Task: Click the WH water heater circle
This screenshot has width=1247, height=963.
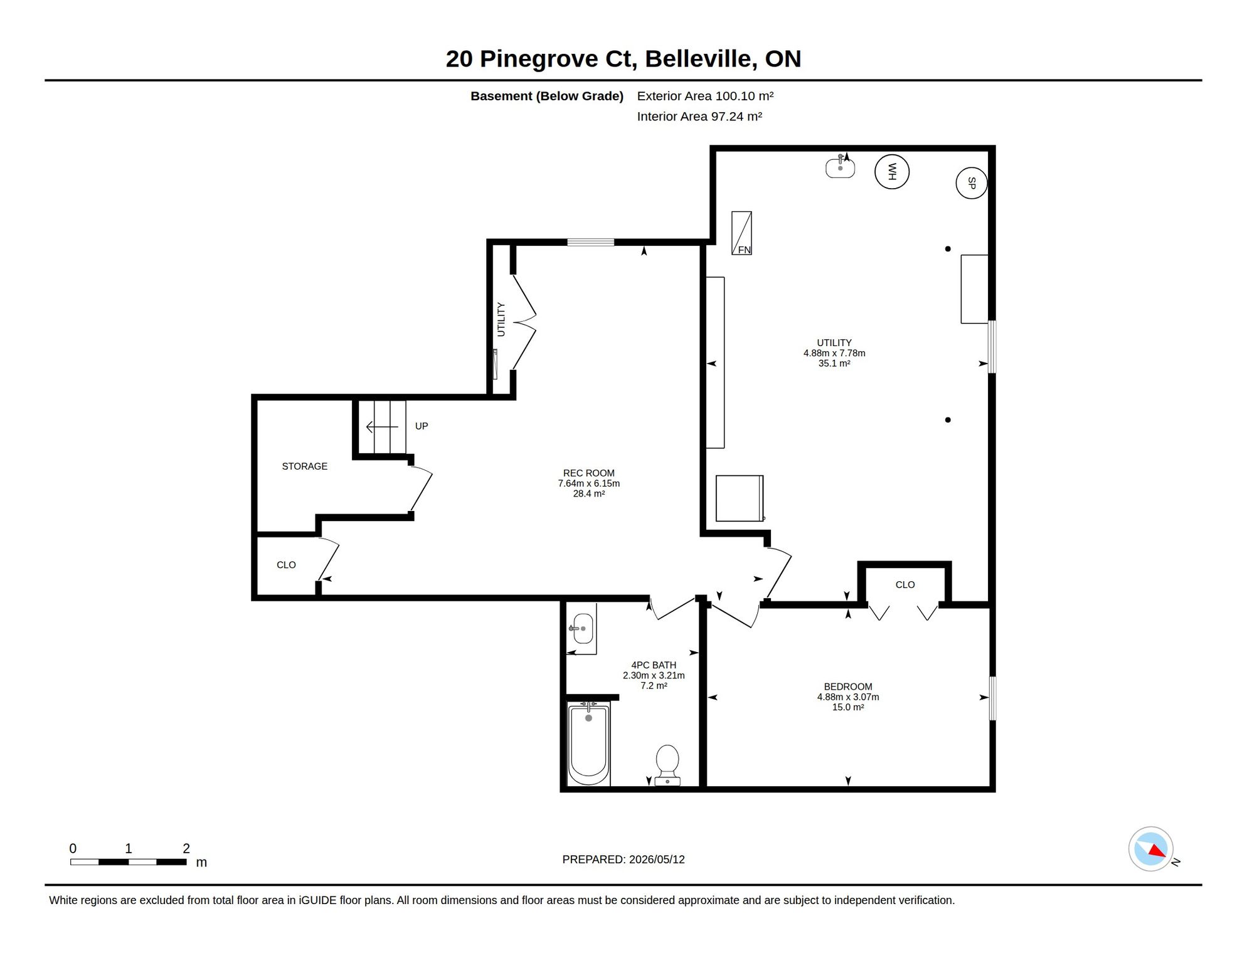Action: [x=891, y=171]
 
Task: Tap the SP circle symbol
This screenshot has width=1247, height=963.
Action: [x=971, y=183]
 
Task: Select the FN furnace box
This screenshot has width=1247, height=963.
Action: [x=741, y=233]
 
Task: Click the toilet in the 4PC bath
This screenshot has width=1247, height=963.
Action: [x=667, y=765]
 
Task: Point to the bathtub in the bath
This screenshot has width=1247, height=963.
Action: [x=588, y=744]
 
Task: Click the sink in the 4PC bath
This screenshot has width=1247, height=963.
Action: [x=583, y=628]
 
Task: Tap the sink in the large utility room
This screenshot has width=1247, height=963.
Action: [x=840, y=167]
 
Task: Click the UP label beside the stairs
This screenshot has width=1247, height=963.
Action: [x=422, y=426]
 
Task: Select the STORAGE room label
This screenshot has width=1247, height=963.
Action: [x=305, y=466]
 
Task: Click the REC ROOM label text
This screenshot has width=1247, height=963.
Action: [x=589, y=473]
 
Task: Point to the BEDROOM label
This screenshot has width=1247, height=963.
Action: [x=848, y=687]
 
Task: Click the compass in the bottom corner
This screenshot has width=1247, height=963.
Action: [x=1151, y=849]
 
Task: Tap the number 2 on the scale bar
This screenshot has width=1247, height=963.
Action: [x=186, y=848]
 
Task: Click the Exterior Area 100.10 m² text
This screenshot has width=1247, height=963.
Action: [x=705, y=96]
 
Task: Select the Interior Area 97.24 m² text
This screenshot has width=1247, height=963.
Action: [x=699, y=117]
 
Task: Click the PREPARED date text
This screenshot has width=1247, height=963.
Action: [x=623, y=860]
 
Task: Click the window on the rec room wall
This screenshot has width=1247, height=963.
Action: [x=591, y=242]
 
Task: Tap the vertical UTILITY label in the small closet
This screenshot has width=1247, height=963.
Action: [x=501, y=320]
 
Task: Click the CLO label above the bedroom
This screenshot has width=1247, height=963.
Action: [x=905, y=584]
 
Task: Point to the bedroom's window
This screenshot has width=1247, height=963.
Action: [x=992, y=698]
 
